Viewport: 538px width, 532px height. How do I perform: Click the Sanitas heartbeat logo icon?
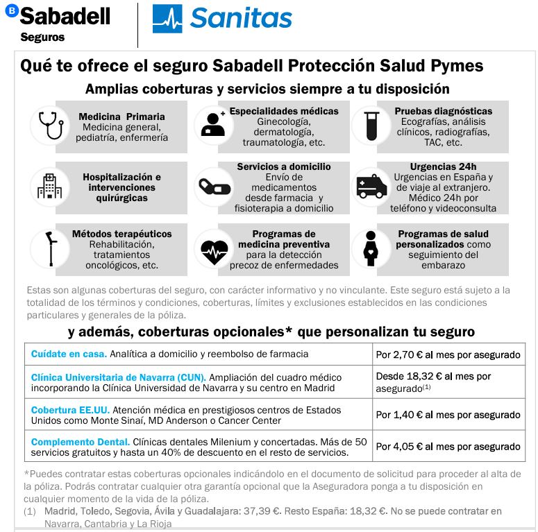[167, 19]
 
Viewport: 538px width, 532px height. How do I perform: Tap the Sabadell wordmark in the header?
[65, 16]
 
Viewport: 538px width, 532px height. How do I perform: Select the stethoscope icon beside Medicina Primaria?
[51, 126]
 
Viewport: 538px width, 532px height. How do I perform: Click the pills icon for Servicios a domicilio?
[212, 187]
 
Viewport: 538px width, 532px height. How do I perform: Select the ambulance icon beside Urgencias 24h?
[371, 187]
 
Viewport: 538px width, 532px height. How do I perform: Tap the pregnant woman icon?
[371, 248]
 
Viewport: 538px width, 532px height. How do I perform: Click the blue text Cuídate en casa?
[69, 354]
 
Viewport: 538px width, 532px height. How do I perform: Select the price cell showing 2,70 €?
[448, 354]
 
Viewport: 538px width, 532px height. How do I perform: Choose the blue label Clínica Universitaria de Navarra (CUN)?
[118, 377]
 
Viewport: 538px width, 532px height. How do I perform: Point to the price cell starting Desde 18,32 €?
[448, 382]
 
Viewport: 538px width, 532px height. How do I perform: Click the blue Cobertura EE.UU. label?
[70, 410]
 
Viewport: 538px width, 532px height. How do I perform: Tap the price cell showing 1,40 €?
[448, 415]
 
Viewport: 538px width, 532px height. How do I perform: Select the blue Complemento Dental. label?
[81, 442]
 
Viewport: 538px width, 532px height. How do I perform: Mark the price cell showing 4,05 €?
[448, 447]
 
